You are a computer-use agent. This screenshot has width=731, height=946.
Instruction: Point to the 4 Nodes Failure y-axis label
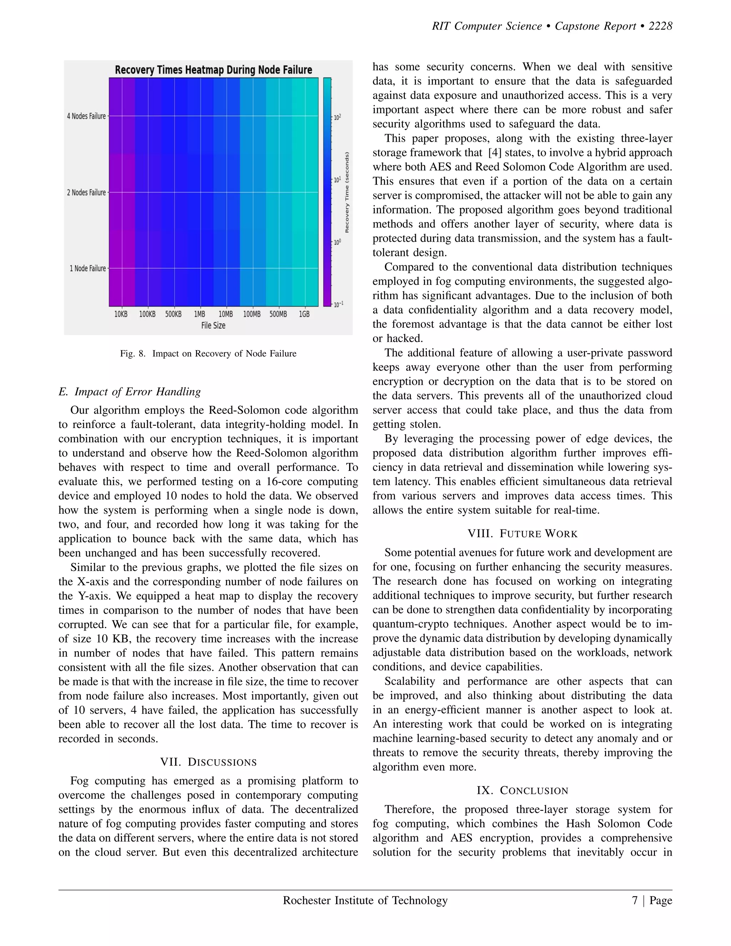(86, 116)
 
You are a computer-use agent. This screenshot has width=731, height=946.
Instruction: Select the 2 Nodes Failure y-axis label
(86, 192)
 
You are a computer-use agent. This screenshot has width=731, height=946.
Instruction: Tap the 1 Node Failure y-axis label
(88, 268)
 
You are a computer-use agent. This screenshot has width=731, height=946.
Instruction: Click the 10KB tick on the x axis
(121, 314)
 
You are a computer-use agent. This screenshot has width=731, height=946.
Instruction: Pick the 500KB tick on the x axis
(173, 314)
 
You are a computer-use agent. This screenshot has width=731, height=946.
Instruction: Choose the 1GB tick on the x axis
(304, 314)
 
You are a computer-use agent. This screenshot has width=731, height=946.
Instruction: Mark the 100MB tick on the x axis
(252, 314)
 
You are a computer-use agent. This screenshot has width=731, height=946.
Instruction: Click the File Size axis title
(213, 325)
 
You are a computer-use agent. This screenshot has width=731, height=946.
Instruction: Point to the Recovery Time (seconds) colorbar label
(347, 192)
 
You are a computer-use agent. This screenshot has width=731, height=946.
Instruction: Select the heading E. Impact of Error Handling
(130, 392)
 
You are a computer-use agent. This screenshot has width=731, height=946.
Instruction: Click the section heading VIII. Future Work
(522, 534)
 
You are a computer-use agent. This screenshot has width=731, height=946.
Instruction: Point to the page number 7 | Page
(652, 901)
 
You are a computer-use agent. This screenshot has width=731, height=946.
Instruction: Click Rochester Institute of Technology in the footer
(365, 901)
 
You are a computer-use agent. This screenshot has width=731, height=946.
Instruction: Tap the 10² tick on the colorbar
(337, 117)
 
